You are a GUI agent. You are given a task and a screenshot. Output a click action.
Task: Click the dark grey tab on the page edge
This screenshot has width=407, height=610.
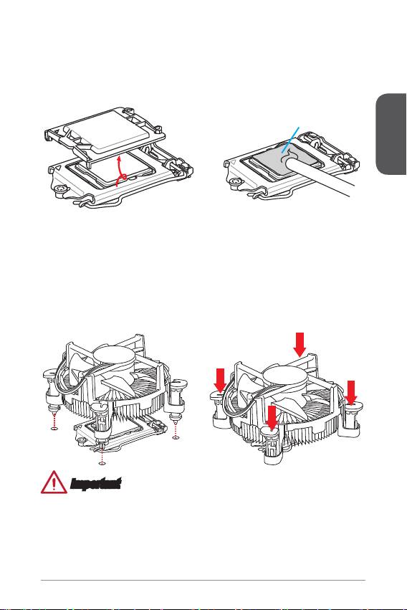click(x=391, y=134)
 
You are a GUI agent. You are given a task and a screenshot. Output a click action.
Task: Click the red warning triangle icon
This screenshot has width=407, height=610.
click(x=54, y=482)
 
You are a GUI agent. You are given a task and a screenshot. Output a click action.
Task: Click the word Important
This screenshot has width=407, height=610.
click(x=95, y=484)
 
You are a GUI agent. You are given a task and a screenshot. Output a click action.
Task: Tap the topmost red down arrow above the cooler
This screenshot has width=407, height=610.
click(x=300, y=344)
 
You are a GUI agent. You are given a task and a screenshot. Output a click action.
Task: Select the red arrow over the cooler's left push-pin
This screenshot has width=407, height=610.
click(x=220, y=381)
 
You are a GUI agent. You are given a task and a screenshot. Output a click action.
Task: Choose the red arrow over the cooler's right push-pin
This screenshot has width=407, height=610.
click(x=351, y=393)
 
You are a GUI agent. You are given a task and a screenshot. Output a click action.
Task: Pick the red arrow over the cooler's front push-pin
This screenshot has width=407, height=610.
click(x=272, y=419)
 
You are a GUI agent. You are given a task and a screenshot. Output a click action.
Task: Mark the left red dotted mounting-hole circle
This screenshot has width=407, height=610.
click(x=54, y=429)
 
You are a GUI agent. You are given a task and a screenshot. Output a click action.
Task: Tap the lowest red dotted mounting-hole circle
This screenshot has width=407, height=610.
click(x=102, y=463)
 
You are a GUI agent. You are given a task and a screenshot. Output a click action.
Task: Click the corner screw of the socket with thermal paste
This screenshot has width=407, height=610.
click(x=235, y=181)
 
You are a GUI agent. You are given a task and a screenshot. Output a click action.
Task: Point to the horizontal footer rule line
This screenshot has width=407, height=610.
click(x=203, y=581)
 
